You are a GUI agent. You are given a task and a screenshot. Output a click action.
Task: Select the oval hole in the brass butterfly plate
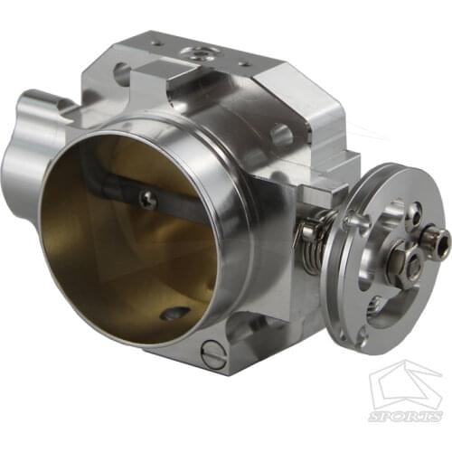pos(170,315)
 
